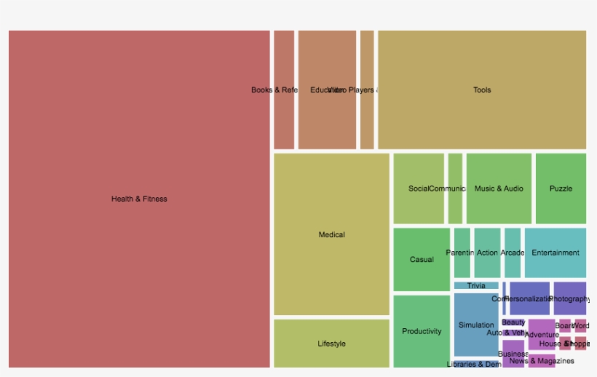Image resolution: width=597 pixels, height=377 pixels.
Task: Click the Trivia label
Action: click(476, 286)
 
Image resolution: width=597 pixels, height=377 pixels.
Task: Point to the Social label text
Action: click(419, 189)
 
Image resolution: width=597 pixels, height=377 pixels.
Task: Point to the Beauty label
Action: click(513, 322)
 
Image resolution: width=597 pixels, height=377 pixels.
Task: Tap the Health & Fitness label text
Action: click(139, 199)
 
